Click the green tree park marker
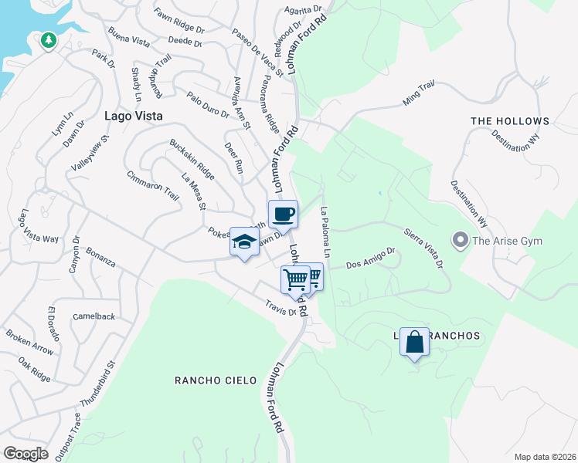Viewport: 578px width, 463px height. (49, 39)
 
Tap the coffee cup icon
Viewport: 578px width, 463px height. (283, 214)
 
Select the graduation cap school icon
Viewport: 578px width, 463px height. (244, 242)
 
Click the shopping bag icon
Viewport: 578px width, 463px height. (414, 341)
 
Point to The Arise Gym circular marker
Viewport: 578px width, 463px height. (462, 242)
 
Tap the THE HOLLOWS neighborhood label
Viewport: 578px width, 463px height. (510, 121)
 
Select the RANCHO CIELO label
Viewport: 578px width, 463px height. (211, 380)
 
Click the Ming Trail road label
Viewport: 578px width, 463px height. (420, 96)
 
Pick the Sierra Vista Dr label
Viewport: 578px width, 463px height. (423, 248)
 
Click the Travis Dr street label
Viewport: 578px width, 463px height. (281, 308)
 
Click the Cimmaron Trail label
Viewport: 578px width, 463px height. (153, 184)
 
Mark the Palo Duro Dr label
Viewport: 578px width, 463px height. (208, 104)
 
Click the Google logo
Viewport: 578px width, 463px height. (25, 453)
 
